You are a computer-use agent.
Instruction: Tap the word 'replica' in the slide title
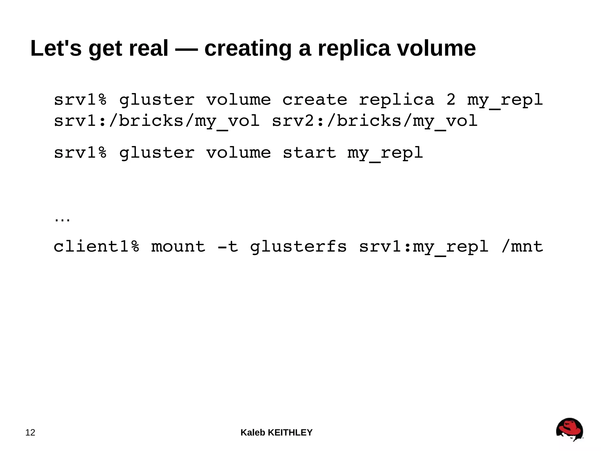(x=354, y=48)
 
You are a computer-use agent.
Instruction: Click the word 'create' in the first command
(x=315, y=100)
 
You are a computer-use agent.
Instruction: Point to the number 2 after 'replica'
(x=451, y=100)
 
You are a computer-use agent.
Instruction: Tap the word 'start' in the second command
(x=309, y=152)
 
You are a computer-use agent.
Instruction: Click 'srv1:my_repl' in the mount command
(x=423, y=247)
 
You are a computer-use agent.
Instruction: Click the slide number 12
(x=30, y=432)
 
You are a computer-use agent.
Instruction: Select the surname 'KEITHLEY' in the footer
(x=290, y=432)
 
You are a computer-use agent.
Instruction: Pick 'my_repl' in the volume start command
(x=385, y=153)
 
